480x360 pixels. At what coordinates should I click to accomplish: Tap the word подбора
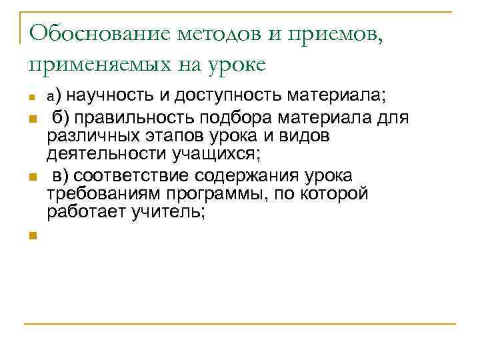click(247, 118)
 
